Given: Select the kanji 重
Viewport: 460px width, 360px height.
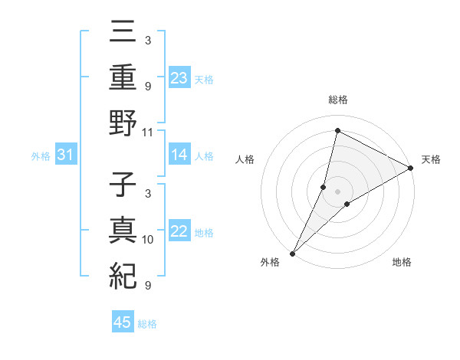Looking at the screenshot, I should [123, 78].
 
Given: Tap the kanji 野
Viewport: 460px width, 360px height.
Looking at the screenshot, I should [123, 123].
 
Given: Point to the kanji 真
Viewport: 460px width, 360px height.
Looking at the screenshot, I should [123, 232].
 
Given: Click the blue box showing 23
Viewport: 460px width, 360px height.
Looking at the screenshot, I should [179, 78].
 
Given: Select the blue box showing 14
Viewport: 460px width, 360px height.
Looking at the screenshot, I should [179, 155].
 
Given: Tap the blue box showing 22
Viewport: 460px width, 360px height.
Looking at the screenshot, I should [179, 232].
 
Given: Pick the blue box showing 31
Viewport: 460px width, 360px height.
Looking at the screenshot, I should [66, 155].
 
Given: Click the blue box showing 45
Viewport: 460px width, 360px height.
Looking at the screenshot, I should [123, 322].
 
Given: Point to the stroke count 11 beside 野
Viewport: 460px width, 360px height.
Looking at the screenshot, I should [148, 132].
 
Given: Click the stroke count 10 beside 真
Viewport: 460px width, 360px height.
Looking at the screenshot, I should [148, 240].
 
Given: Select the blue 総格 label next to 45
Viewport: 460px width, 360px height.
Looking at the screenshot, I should [147, 323].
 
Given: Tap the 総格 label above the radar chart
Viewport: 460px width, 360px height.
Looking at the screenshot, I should [338, 100].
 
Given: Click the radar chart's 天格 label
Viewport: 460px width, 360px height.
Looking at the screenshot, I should [432, 159].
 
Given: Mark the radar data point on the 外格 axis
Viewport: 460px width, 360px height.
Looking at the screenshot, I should [293, 253].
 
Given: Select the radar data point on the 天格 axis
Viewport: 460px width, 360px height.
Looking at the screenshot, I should [411, 169].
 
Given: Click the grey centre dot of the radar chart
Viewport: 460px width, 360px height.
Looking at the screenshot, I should [338, 191].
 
